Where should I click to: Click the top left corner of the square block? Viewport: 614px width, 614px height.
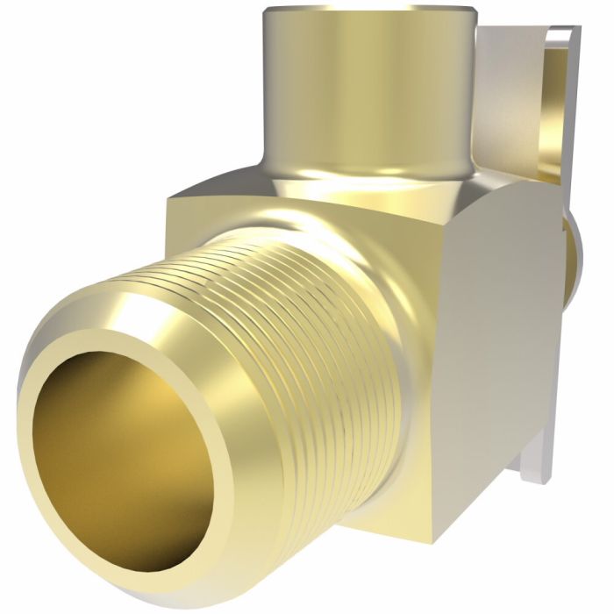point(172,195)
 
